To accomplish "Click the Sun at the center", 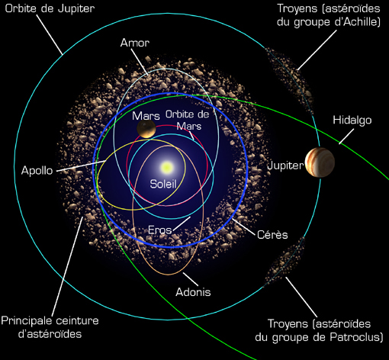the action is pos(167,167).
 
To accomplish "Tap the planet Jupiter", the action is pos(320,162).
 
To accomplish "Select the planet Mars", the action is pos(146,129).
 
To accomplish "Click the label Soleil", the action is pos(163,184).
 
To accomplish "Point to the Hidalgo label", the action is pos(352,121).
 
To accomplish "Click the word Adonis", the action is pos(193,292).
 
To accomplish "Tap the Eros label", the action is pos(160,230).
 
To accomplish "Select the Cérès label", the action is pos(272,234).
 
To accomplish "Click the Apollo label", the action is pos(37,170).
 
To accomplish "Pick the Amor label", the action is pos(135,43).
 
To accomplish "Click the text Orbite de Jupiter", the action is pos(50,8).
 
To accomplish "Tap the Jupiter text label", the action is pos(285,166).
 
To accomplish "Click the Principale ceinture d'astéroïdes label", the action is pos(50,327).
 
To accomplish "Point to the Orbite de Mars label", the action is pos(188,121).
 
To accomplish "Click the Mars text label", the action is pos(146,116).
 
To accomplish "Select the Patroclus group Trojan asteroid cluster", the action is pos(284,262).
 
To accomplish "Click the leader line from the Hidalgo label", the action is pos(346,137).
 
